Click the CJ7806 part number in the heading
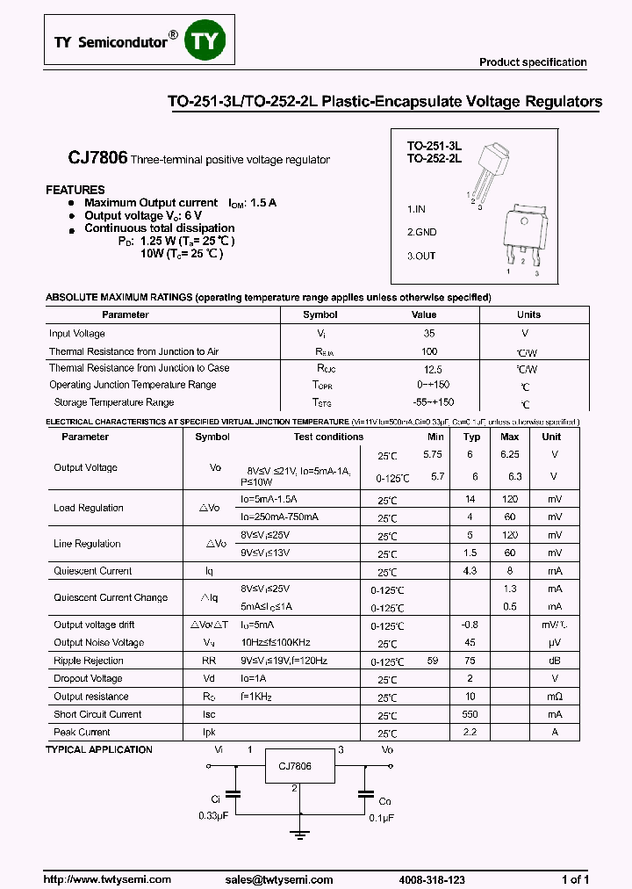point(98,159)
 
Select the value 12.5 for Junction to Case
point(431,370)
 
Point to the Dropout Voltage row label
point(88,678)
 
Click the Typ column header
point(472,437)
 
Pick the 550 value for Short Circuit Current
point(471,714)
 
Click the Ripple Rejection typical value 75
point(471,661)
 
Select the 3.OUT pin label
point(421,256)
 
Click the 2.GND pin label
point(421,233)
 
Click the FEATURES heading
point(75,190)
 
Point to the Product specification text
point(533,62)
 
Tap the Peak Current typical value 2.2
point(471,732)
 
